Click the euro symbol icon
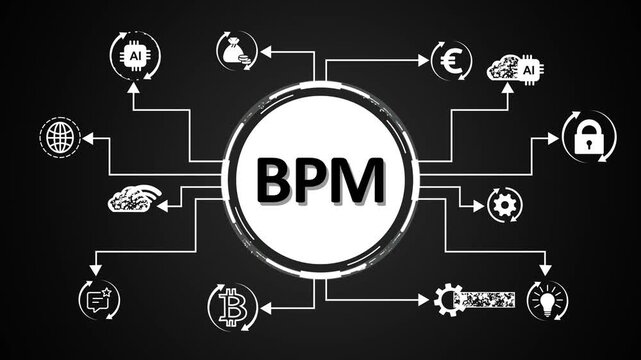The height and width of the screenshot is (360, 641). [x=450, y=59]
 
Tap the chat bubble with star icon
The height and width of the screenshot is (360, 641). [x=97, y=297]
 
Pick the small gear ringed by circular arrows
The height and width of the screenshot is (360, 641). [x=503, y=204]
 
